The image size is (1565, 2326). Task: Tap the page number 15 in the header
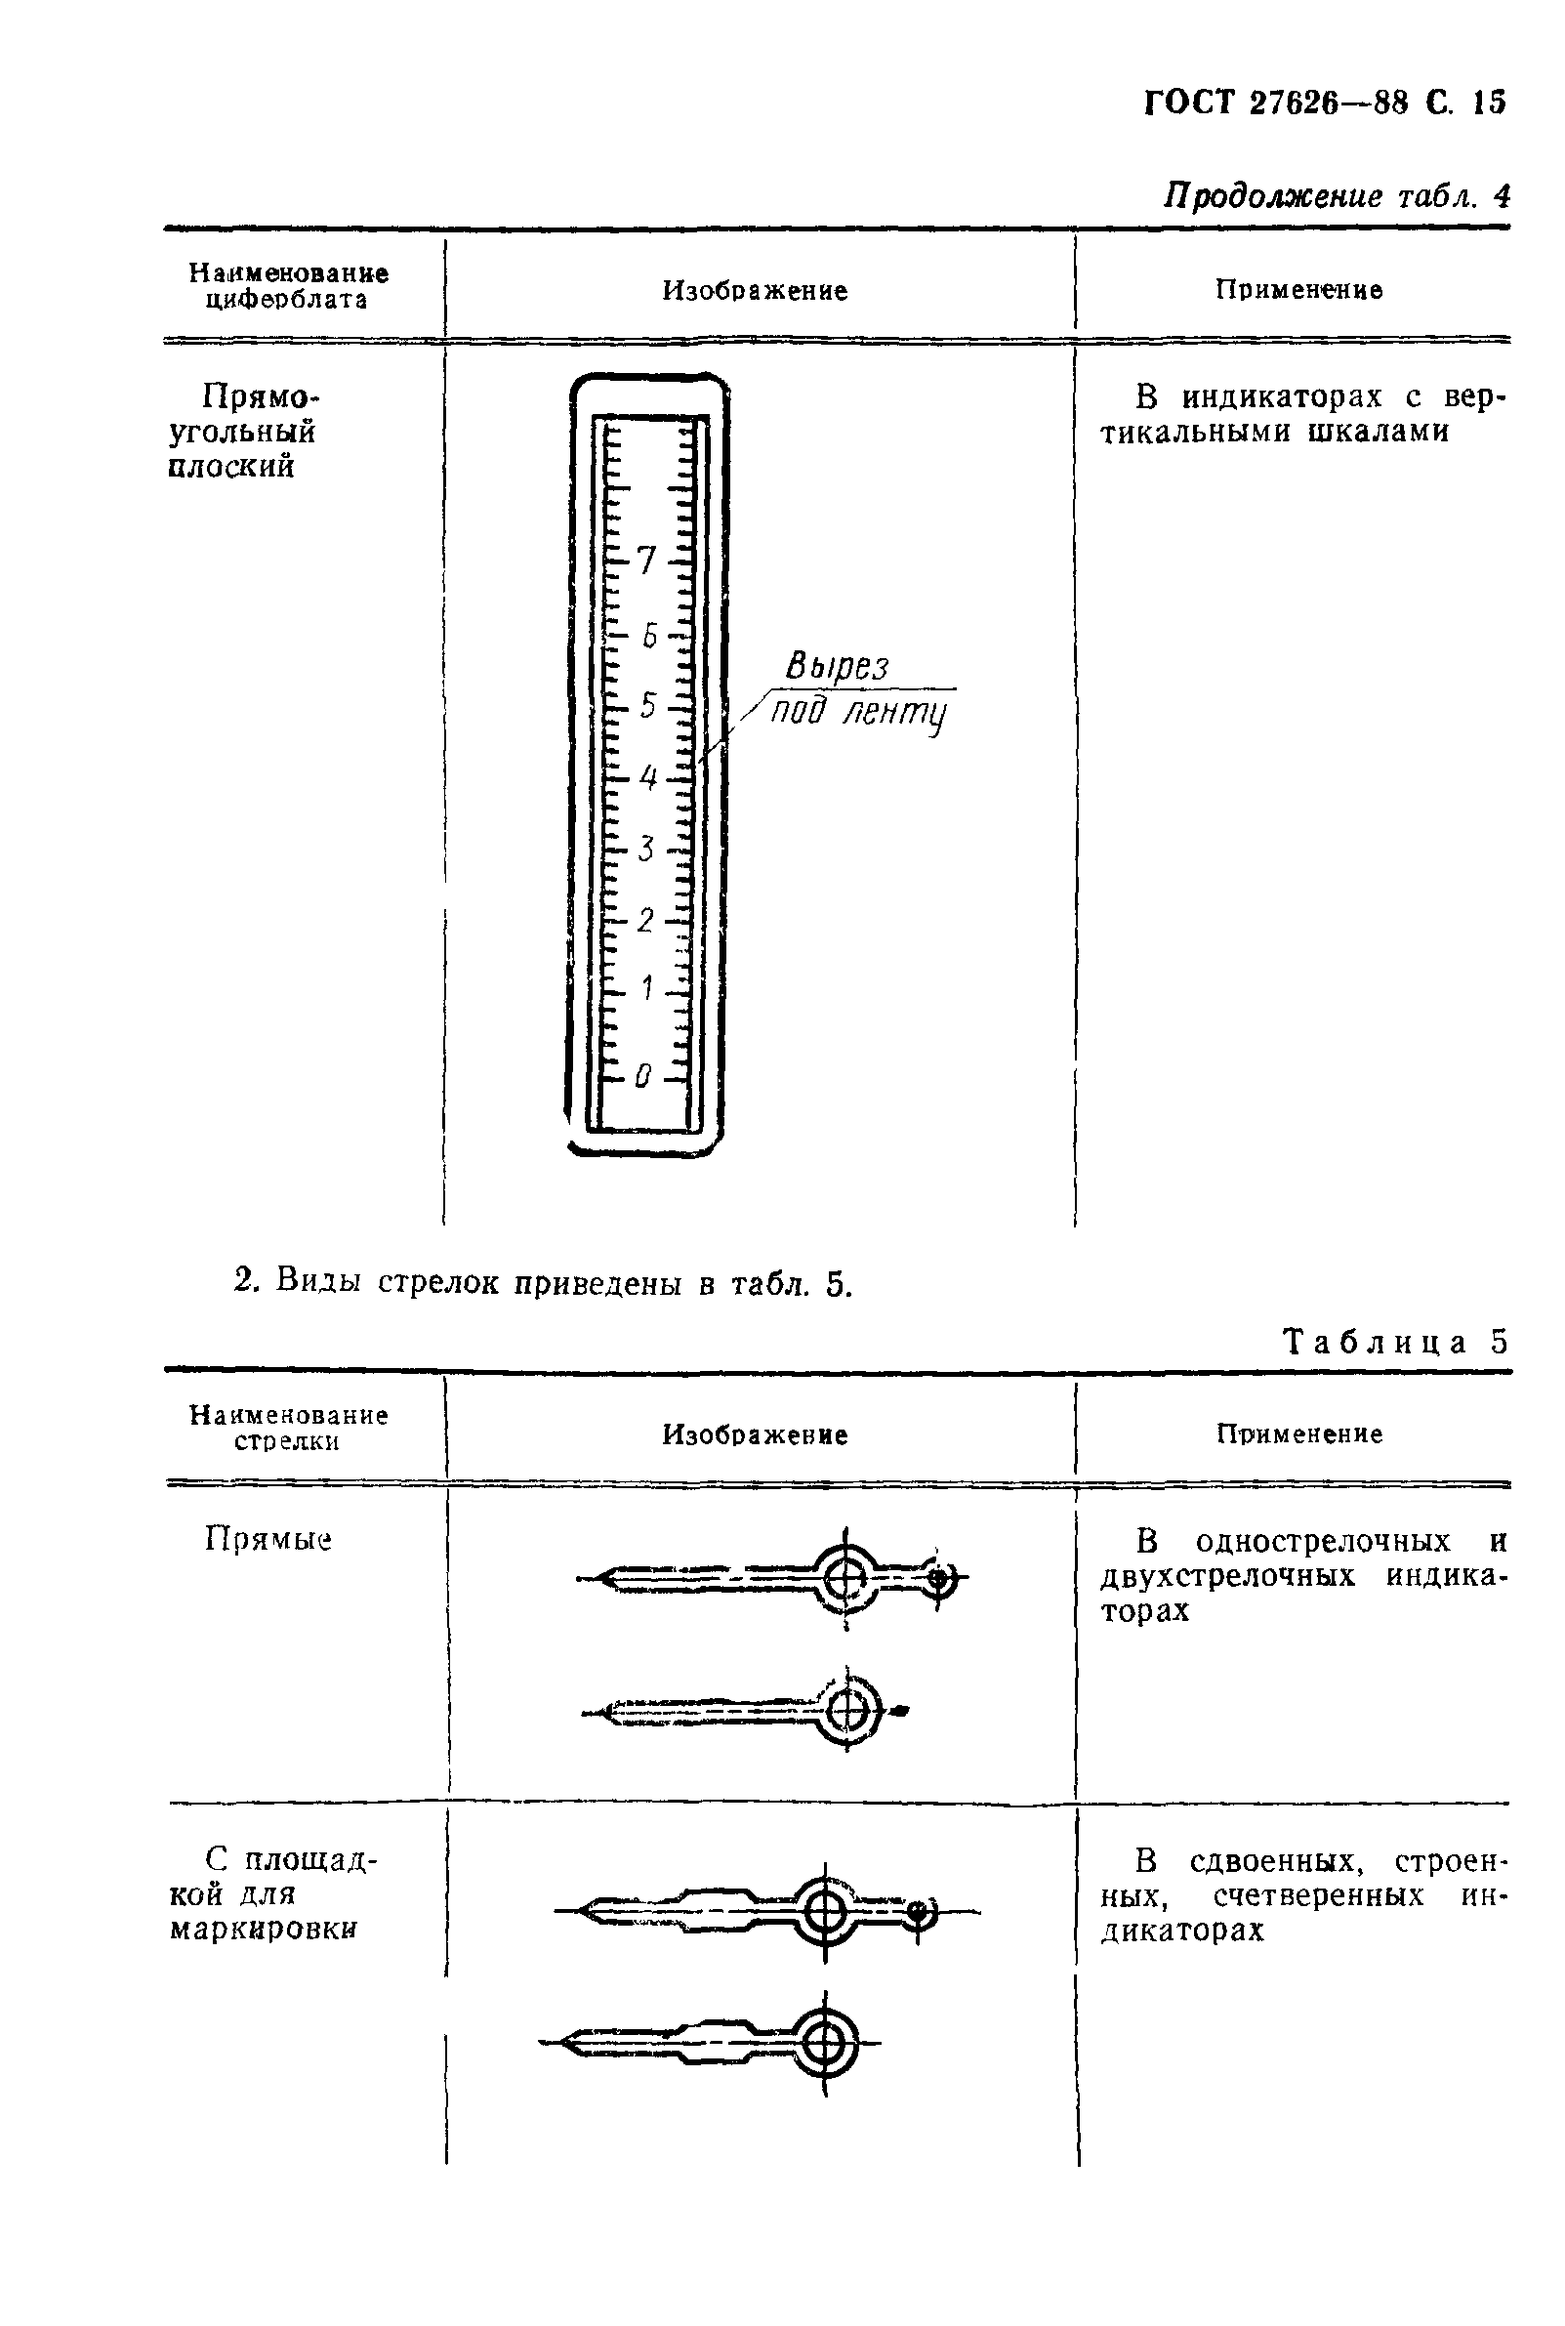[1489, 103]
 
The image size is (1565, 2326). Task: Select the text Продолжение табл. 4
[1337, 195]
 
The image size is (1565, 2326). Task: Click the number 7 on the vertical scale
[646, 561]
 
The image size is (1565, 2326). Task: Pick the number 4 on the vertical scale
[647, 777]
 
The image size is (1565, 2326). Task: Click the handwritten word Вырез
[837, 666]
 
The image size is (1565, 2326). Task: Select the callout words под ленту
[858, 714]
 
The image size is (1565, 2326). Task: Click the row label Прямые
[268, 1539]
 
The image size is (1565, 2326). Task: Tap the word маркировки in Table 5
[263, 1930]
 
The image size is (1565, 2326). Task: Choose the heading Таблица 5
[1394, 1342]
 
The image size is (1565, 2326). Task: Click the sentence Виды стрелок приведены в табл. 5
[544, 1282]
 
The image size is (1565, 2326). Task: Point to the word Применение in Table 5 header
[1298, 1434]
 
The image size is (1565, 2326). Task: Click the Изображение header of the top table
[755, 290]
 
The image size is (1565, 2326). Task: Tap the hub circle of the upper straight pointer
[845, 1578]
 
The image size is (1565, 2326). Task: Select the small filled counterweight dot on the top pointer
[937, 1578]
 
